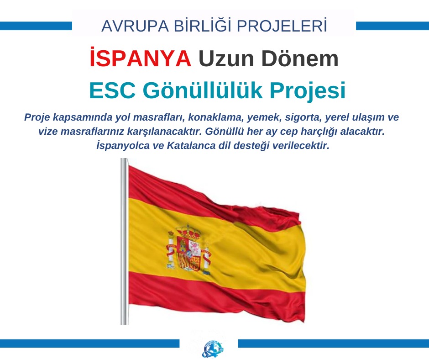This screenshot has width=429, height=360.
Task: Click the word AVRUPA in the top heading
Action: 135,26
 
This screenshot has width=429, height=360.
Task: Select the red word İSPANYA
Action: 141,58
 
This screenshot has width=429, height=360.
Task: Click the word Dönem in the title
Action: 300,58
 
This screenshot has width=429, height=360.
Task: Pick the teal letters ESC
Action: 112,90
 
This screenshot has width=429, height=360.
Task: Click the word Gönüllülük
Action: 203,90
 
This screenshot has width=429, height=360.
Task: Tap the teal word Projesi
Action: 308,90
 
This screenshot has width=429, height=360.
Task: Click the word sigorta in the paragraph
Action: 303,117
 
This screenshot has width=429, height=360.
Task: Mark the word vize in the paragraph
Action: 48,132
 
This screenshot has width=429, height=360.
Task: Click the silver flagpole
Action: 124,241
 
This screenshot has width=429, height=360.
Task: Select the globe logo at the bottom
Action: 212,349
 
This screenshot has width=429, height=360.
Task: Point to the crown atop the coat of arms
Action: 188,231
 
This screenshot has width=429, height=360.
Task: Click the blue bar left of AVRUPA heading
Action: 36,26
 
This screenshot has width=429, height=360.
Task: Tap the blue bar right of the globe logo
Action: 334,344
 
